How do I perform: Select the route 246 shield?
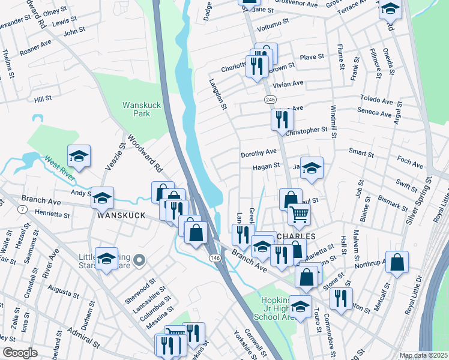click(270, 99)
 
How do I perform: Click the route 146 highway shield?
click(214, 257)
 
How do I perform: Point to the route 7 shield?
click(22, 209)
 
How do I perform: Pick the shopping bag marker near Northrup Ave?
click(397, 262)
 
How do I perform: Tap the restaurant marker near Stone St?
click(340, 298)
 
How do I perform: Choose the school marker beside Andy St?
click(103, 197)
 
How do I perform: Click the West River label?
click(59, 169)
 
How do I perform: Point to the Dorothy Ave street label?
click(258, 153)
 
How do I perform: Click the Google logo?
click(20, 352)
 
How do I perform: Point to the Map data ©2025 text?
click(423, 355)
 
